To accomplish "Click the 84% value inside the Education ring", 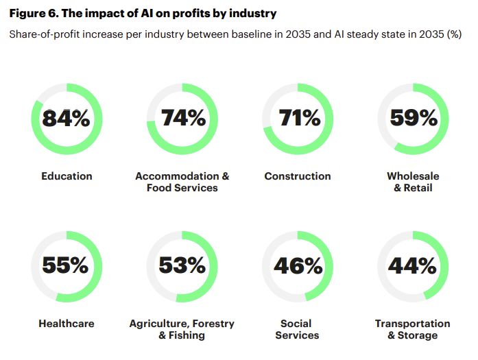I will click(x=67, y=119).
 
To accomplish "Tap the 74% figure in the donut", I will click(x=182, y=119).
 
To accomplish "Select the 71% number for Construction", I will click(x=299, y=119).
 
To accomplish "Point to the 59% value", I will click(x=413, y=119).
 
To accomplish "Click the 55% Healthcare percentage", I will click(x=67, y=265).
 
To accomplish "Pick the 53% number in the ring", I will click(x=182, y=265).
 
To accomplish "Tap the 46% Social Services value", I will click(x=298, y=265).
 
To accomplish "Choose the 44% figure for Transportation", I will click(x=413, y=265).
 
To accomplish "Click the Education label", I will click(x=67, y=176).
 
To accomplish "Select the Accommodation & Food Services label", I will click(x=182, y=182).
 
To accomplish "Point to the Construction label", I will click(x=297, y=176).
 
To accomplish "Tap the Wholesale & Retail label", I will click(x=413, y=182).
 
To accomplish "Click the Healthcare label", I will click(x=67, y=323).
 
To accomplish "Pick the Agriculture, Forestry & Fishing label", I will click(x=182, y=329).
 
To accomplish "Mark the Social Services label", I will click(x=297, y=329).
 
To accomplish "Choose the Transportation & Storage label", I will click(x=413, y=329).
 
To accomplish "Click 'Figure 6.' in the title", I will click(x=32, y=13).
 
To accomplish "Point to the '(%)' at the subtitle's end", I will click(x=454, y=34).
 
